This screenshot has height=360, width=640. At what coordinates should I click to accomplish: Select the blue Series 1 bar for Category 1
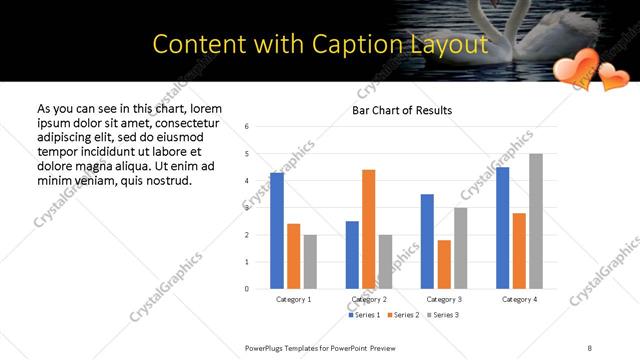click(x=277, y=231)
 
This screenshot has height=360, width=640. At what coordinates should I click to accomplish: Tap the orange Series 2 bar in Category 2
click(x=369, y=229)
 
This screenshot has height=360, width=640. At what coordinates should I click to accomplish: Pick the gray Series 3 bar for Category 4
click(x=536, y=221)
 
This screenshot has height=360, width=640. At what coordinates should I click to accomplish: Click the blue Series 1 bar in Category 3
click(x=427, y=241)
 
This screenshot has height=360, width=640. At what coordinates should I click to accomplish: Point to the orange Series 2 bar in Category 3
click(x=444, y=264)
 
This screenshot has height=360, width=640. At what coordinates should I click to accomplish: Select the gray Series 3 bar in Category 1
click(x=311, y=262)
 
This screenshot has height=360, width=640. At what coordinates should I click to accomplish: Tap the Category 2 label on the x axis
click(x=369, y=299)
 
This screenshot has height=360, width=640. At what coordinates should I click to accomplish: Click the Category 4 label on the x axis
click(x=519, y=299)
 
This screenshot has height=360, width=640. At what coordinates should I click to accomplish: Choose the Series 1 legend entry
click(x=364, y=315)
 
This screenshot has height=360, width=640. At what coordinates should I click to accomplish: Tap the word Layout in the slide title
click(x=443, y=44)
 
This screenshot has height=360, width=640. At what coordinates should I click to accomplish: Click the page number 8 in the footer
click(x=589, y=347)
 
